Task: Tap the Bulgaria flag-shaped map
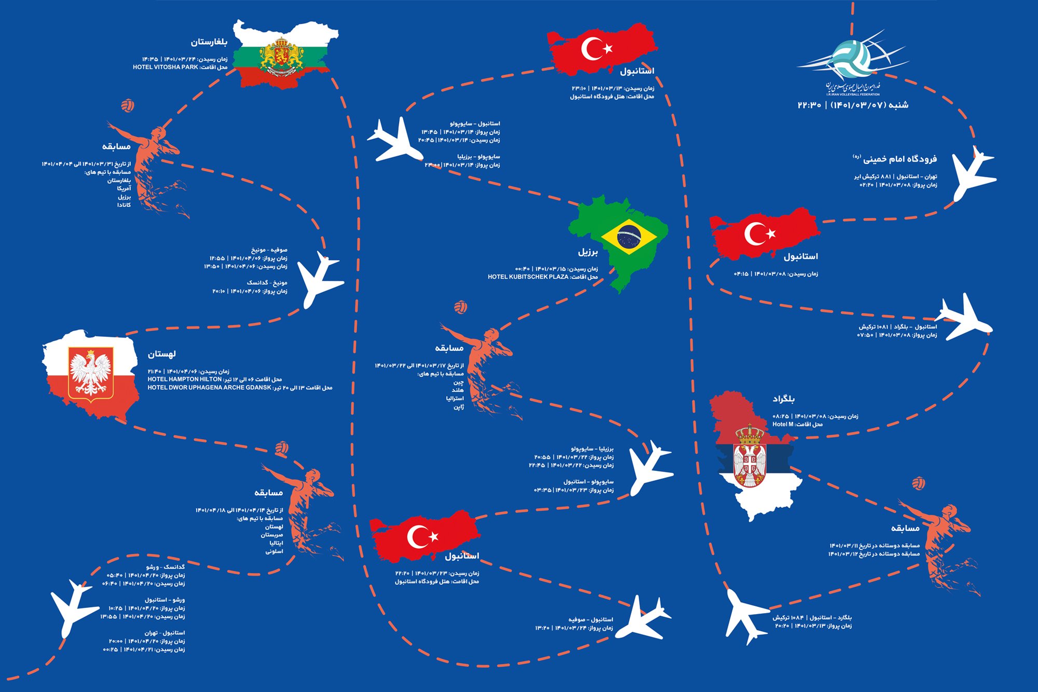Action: point(283,55)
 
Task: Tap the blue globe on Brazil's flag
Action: point(629,237)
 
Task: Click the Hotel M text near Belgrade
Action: point(783,425)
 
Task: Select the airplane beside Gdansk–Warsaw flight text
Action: point(73,607)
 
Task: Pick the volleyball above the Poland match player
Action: point(282,447)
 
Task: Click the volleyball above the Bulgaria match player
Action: point(128,106)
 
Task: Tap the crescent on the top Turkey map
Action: point(592,48)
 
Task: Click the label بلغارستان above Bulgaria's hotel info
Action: point(209,42)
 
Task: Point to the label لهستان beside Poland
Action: point(161,354)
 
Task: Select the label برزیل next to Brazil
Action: point(588,252)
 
